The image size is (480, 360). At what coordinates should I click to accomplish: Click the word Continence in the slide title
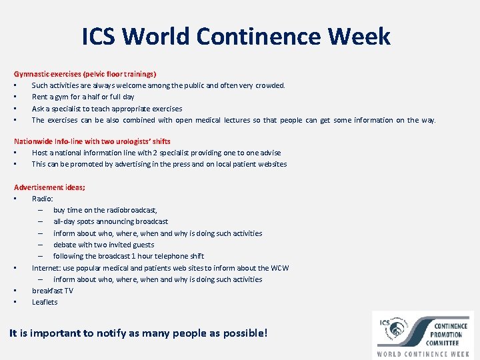point(259,36)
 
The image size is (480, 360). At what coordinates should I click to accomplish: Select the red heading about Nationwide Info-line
point(92,141)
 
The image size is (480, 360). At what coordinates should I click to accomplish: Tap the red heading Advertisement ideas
point(49,187)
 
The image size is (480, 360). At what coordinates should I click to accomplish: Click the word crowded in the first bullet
point(270,85)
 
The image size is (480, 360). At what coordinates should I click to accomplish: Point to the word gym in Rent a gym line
point(62,97)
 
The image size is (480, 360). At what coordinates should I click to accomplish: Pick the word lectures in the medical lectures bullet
point(237,120)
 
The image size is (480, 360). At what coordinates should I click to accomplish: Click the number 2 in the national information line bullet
point(155,153)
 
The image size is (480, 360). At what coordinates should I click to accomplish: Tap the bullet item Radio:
point(42,199)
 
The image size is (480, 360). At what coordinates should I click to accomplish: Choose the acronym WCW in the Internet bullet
point(279,268)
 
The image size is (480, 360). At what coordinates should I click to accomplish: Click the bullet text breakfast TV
point(53,291)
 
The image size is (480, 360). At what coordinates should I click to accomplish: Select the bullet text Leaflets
point(45,302)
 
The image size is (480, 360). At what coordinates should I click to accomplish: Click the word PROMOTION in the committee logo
point(446,335)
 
